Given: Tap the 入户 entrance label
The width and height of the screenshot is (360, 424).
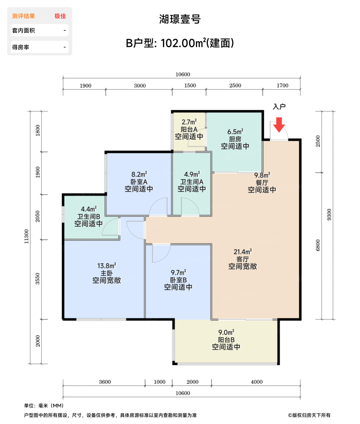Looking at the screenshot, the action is click(279, 107).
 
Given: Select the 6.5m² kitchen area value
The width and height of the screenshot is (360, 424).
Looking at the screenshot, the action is click(235, 131).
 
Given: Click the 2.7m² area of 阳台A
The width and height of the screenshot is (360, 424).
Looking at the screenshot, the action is click(189, 122).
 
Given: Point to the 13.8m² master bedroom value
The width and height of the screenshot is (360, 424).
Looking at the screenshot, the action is click(107, 266).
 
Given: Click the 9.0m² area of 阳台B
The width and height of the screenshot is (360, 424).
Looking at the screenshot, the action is click(226, 332).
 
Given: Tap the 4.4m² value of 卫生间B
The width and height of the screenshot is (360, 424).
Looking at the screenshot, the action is click(89, 209).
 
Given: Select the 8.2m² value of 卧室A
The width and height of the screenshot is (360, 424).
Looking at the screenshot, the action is click(139, 174).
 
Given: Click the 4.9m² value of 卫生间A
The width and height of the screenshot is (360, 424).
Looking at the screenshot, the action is click(192, 174).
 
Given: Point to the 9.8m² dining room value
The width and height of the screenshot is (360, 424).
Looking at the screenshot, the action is click(262, 175).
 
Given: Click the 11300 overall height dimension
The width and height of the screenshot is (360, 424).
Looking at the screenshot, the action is click(26, 236).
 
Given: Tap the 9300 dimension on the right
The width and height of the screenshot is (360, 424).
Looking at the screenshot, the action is click(329, 214).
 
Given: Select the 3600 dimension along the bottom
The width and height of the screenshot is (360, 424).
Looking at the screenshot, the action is click(105, 382).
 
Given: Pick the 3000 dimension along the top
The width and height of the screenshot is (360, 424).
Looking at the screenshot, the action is click(140, 85).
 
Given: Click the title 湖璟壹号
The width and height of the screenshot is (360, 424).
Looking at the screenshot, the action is click(180, 19).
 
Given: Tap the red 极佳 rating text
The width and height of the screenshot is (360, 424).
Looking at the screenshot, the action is click(60, 16).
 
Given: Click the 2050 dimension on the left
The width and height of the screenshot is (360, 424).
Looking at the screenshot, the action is click(38, 216).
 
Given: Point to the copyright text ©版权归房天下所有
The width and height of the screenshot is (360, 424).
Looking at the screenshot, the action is click(309, 415).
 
